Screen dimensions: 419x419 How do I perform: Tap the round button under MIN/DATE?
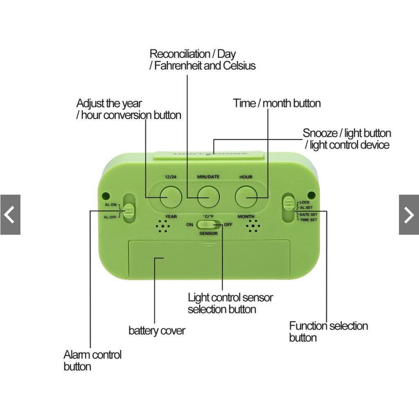pos(208,197)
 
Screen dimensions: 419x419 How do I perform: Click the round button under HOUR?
pos(246,197)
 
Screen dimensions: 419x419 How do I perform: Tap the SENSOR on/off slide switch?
pos(209,224)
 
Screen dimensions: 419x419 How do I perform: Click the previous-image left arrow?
pos(10,215)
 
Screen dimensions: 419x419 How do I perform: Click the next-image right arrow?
pos(409,215)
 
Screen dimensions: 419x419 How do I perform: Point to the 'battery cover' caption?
pos(157,330)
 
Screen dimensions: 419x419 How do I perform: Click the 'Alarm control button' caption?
pos(92,360)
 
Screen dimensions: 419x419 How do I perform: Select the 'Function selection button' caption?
pos(328,331)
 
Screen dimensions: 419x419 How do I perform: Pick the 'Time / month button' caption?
pos(277,103)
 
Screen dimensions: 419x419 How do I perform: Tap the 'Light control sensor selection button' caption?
pos(230,303)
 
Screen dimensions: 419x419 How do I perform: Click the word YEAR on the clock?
pos(171,216)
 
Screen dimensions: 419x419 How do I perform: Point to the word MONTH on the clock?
pos(246,216)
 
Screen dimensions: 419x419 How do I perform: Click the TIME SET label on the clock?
pos(308,220)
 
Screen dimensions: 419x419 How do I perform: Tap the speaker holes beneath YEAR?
pos(163,226)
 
